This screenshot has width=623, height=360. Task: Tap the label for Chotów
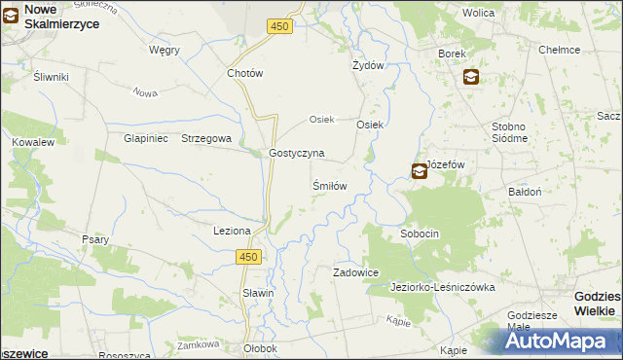[x=245, y=73]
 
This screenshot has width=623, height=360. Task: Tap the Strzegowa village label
[x=206, y=139]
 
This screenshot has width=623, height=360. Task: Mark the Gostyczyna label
[x=297, y=154]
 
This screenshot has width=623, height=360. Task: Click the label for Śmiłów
[x=329, y=185]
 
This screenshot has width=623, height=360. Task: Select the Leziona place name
[x=233, y=231]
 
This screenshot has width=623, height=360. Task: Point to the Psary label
[x=95, y=239]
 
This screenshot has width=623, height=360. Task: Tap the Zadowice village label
[x=355, y=273]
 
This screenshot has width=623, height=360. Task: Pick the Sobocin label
[x=421, y=234]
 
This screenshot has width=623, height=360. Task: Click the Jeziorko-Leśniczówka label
[x=443, y=288]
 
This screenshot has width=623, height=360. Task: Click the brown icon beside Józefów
[x=419, y=171]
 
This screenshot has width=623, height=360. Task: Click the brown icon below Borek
[x=471, y=77]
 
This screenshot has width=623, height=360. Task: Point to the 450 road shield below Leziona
[x=249, y=256]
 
